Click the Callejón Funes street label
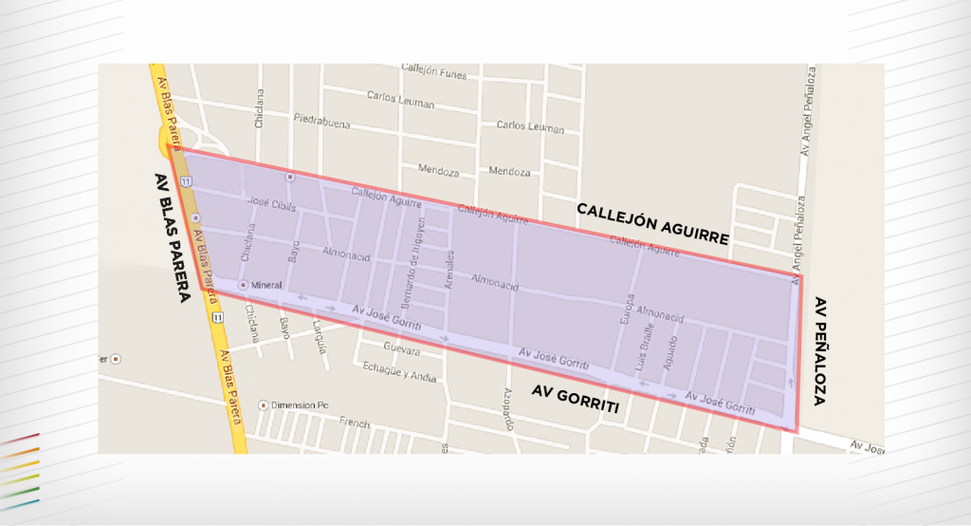435,71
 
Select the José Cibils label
272,206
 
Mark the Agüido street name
672,353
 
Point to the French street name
354,423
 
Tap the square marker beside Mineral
243,285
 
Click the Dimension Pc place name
300,404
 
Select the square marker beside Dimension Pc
264,404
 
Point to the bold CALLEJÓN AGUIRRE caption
652,223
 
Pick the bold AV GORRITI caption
575,399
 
